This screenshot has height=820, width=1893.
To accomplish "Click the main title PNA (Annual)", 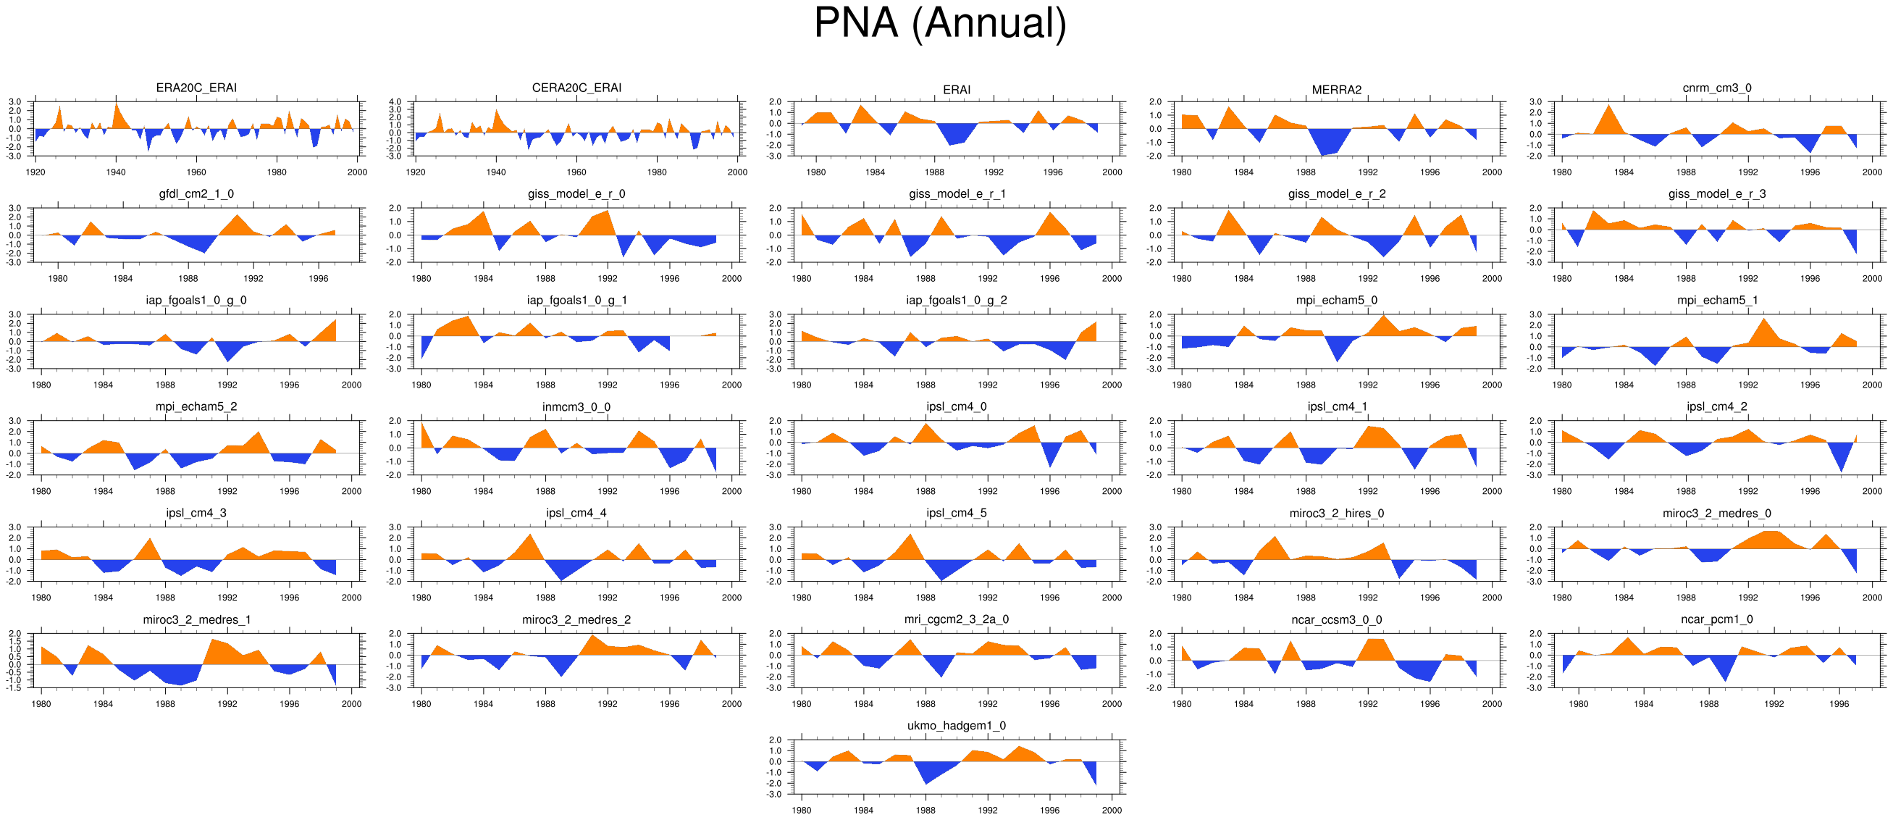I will [940, 23].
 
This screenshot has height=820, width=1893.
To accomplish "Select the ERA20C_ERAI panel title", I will [196, 88].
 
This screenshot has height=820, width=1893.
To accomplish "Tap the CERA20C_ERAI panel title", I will [576, 88].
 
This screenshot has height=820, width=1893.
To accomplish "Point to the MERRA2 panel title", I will [1336, 90].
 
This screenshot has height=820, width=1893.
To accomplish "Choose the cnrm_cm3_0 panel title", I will [1716, 88].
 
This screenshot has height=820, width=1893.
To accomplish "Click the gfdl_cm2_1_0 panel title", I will [196, 194].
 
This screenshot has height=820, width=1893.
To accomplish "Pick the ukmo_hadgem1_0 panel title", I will [956, 726].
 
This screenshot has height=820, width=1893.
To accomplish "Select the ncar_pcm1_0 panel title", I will [1716, 619].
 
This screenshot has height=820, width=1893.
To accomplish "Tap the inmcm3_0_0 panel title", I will [576, 407].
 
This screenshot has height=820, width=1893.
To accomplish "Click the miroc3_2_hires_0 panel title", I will [1336, 514].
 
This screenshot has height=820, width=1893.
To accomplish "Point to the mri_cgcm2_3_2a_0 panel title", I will [956, 619].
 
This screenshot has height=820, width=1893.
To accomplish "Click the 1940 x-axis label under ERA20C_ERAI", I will [115, 172].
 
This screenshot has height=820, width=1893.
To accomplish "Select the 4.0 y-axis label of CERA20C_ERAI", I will [395, 101].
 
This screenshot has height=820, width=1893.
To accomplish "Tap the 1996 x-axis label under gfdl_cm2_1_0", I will [318, 279].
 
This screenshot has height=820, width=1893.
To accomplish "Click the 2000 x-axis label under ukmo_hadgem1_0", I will [1112, 811].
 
